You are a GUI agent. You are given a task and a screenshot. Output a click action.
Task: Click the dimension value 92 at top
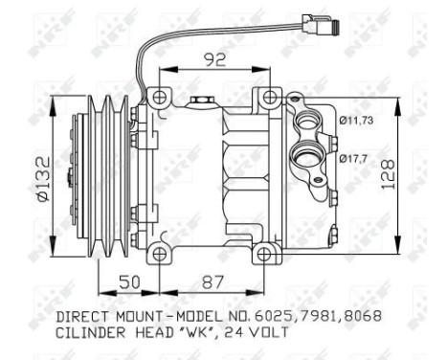(x=214, y=58)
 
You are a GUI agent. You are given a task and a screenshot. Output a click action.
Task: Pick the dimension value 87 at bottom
(x=214, y=283)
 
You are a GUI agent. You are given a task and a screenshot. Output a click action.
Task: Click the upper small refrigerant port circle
(x=308, y=122)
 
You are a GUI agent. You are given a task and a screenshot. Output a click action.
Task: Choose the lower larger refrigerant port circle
(x=309, y=154)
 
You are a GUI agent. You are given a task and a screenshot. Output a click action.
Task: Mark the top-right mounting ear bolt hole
(x=269, y=96)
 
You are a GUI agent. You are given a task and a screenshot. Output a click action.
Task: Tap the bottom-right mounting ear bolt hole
(x=269, y=254)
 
